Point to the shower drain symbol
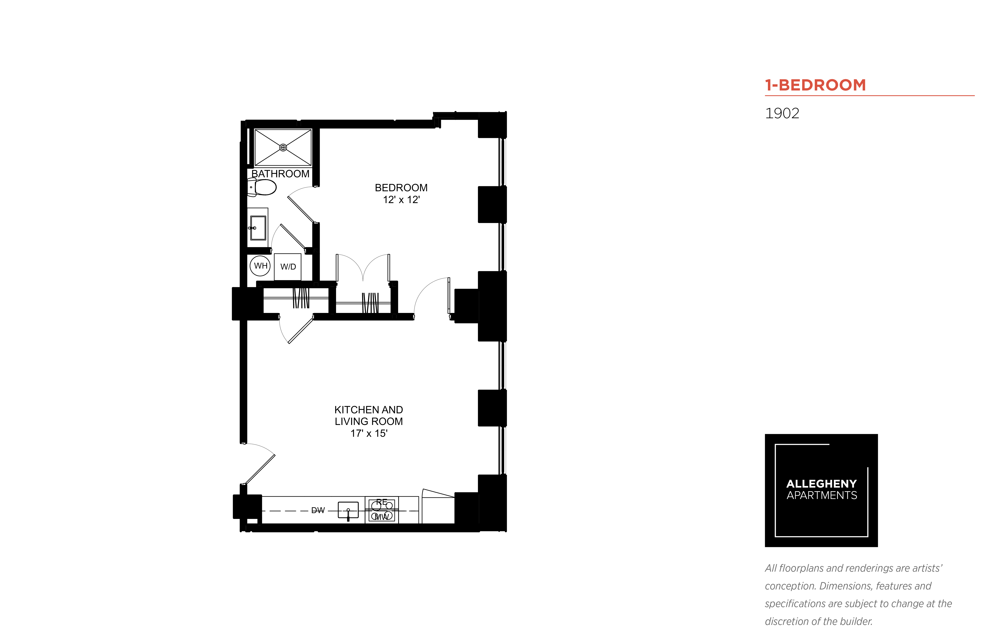pos(283,147)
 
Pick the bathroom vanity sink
pos(258,228)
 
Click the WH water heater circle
pos(260,265)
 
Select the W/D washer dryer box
pos(288,266)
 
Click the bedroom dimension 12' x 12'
pos(401,200)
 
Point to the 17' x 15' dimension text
pos(369,433)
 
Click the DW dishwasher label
pos(318,510)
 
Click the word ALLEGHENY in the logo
pos(821,484)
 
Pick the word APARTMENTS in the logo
pos(821,495)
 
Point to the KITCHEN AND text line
pos(369,410)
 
